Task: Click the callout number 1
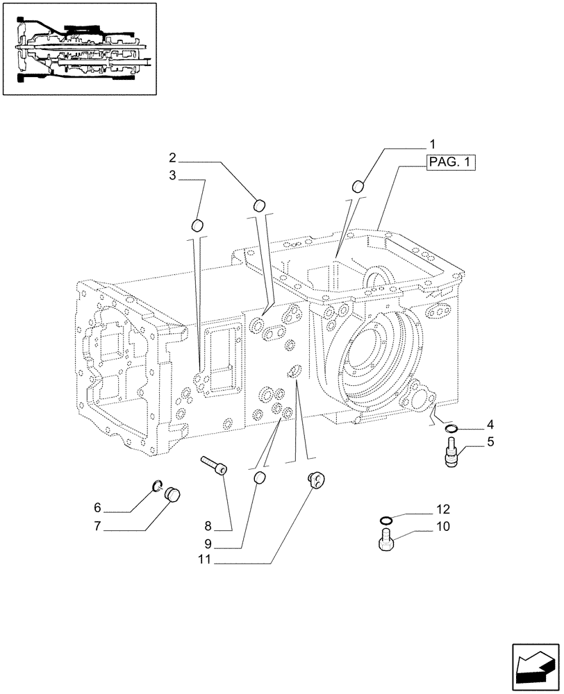coord(432,144)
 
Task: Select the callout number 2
coord(172,158)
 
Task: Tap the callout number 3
coord(172,176)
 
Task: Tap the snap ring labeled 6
coord(157,485)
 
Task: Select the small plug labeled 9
coord(260,478)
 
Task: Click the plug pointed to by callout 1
coord(360,186)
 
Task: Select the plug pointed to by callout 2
coord(260,204)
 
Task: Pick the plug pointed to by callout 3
coord(197,225)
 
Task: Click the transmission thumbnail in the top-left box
coord(78,49)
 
